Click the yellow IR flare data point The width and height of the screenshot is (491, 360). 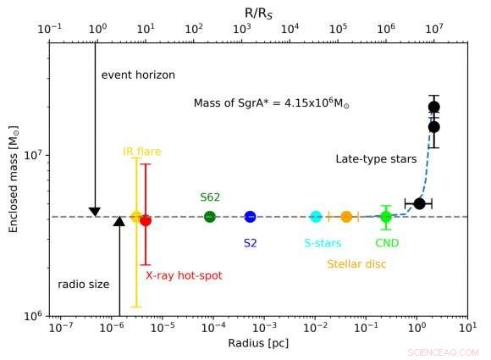[x=136, y=217]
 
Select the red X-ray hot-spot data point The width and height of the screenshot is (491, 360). [x=146, y=220]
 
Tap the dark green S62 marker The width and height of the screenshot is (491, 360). [x=210, y=217]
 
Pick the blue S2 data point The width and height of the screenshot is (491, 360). [x=250, y=217]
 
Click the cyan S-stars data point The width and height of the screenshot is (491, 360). [x=316, y=217]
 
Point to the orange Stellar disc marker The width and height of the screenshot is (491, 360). [x=346, y=217]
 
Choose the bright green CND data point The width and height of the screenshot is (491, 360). [x=386, y=217]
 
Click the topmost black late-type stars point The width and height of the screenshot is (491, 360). [x=433, y=107]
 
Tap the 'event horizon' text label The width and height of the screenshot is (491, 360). [x=138, y=75]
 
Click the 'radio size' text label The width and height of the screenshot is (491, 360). [x=83, y=285]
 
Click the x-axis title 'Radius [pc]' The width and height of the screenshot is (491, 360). [x=258, y=343]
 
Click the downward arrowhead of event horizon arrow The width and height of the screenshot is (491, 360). [x=95, y=212]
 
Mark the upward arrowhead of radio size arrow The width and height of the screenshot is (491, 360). [x=119, y=222]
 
